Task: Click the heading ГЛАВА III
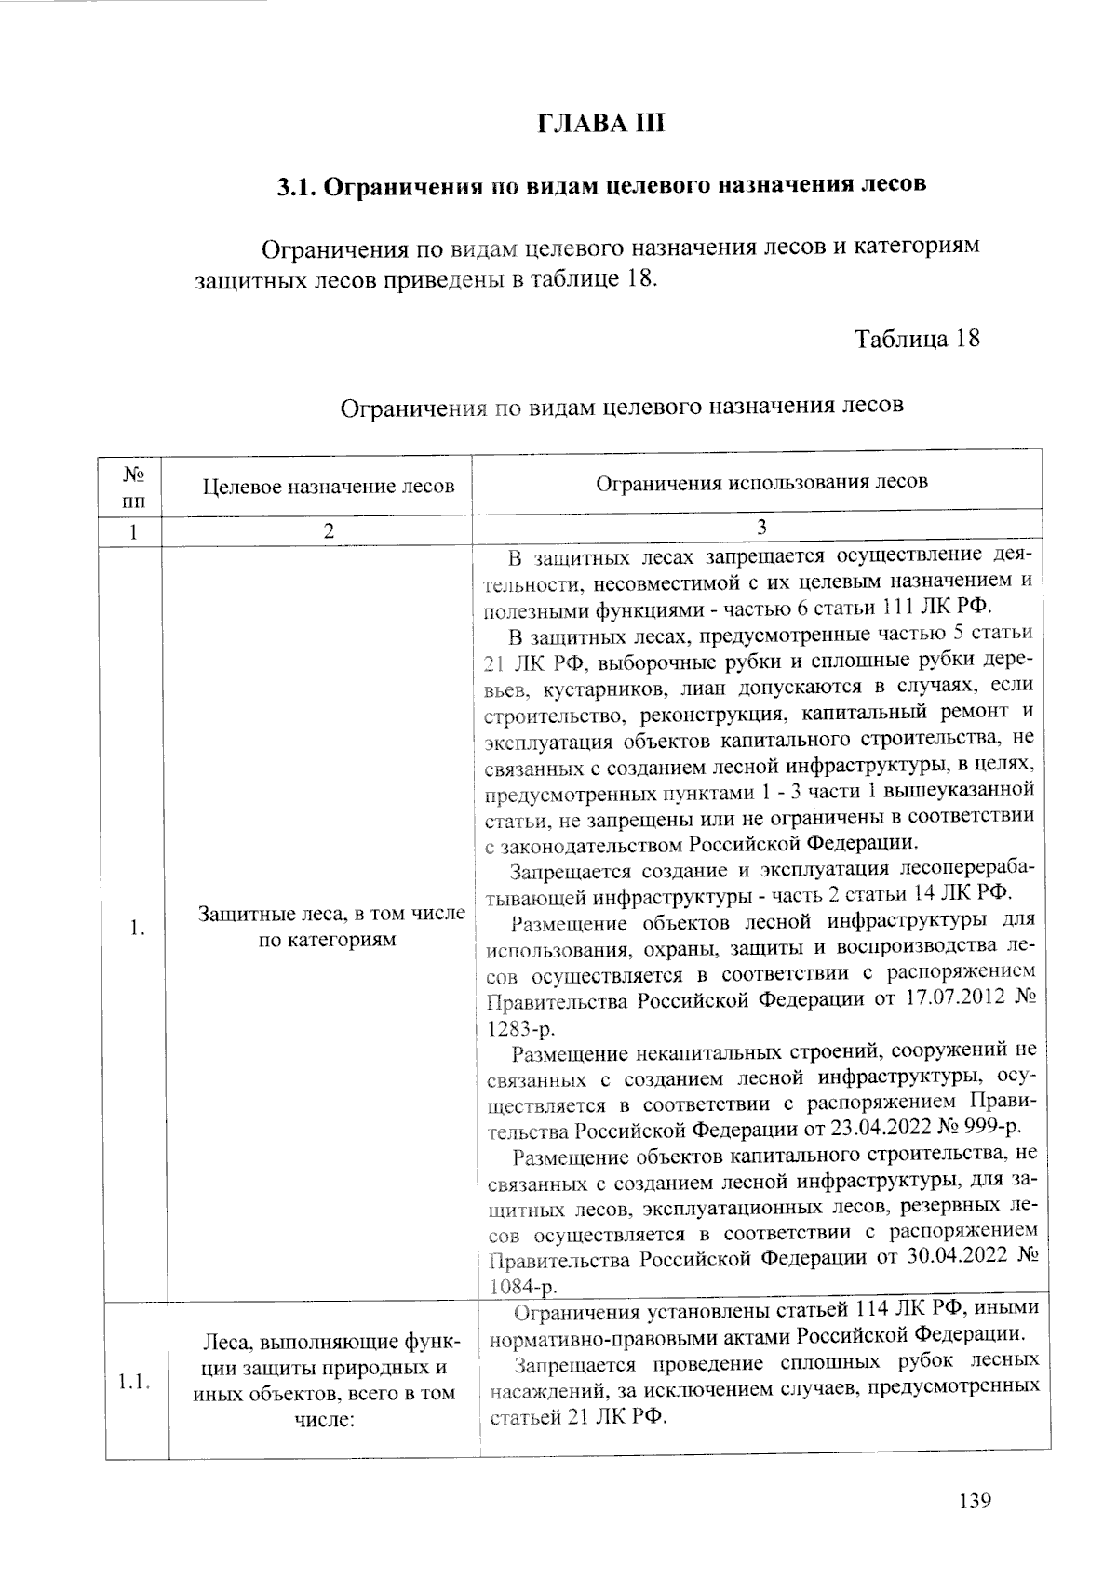coord(601,124)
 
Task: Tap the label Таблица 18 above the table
coord(917,338)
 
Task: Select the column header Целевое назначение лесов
coord(329,486)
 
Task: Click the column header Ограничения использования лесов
coord(760,482)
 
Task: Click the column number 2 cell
coord(328,532)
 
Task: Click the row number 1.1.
coord(135,1381)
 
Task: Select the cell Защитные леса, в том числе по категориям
coord(332,927)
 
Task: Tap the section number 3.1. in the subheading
coord(298,185)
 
